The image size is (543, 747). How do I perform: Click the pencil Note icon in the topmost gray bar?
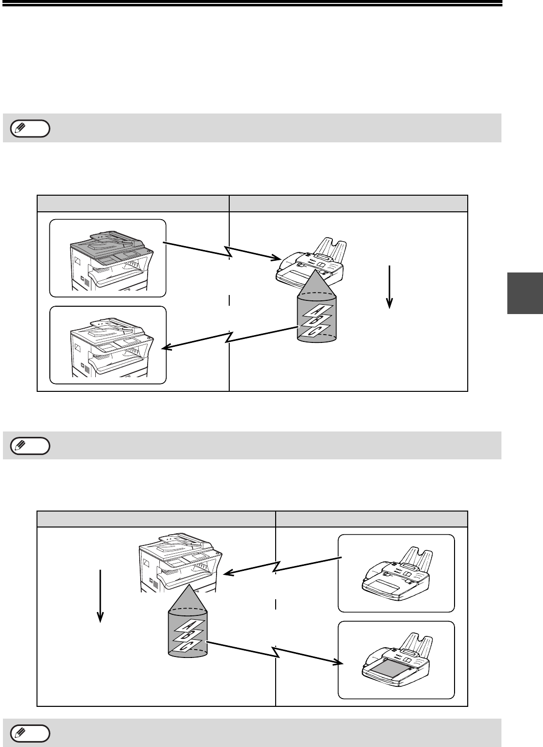coord(30,128)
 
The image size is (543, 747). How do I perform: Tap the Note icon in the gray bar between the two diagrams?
coord(30,445)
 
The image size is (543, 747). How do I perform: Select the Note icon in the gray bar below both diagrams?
coord(30,733)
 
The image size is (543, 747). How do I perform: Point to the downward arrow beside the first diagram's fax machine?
coord(390,287)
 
